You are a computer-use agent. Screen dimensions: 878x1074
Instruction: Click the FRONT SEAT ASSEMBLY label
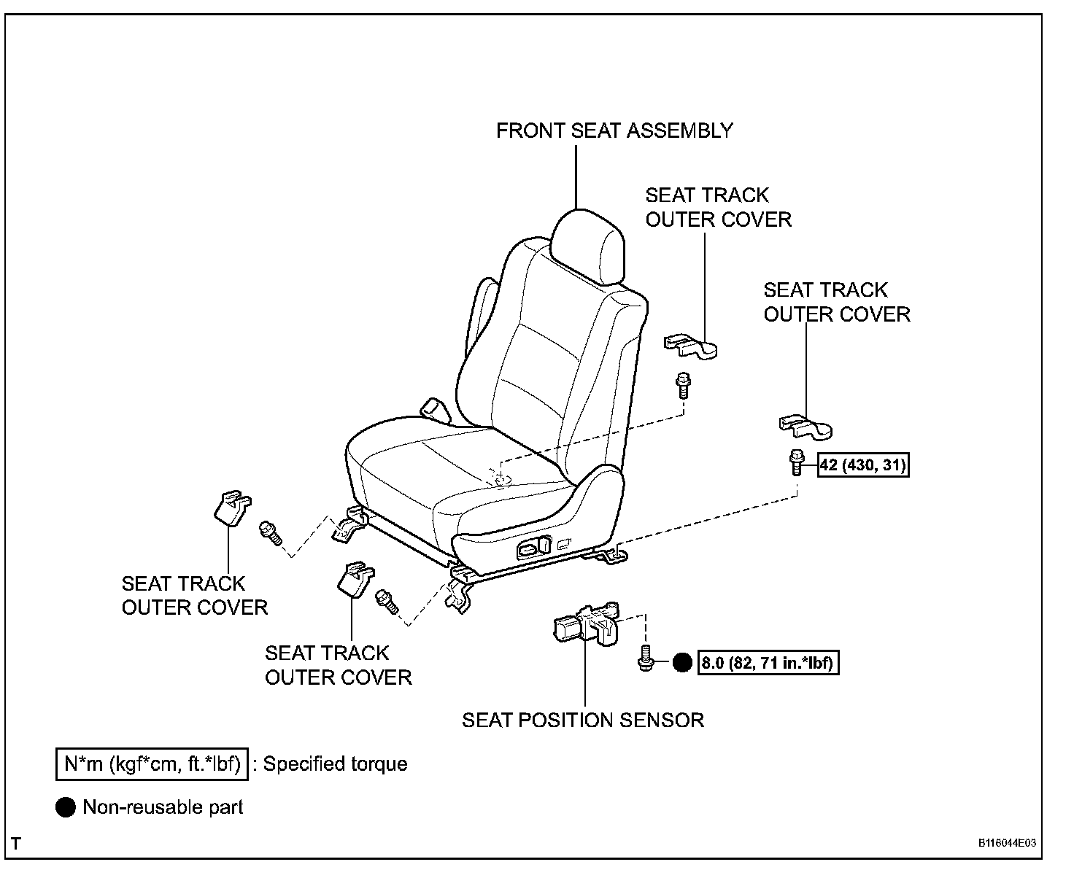coord(614,131)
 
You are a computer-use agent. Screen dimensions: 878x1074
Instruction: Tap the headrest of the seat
coord(589,244)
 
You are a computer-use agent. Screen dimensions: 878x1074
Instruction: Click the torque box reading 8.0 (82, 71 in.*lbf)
coord(768,664)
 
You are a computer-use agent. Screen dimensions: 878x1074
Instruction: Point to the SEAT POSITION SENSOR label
coord(582,720)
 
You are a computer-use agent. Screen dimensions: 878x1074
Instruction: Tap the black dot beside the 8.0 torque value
coord(681,663)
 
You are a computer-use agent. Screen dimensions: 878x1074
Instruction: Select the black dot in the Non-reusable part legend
coord(66,807)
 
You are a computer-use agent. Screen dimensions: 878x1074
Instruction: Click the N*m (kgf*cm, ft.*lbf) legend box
coord(152,764)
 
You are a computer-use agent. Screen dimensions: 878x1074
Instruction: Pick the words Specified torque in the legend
coord(335,764)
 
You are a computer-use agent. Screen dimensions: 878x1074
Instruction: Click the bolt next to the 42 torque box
coord(796,462)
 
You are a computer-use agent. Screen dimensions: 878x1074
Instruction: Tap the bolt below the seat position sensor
coord(644,657)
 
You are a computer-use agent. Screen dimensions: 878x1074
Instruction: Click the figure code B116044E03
coord(1007,843)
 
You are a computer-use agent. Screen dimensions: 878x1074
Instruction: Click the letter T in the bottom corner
coord(17,844)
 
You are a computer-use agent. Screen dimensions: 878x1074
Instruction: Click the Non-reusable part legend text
coord(163,807)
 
